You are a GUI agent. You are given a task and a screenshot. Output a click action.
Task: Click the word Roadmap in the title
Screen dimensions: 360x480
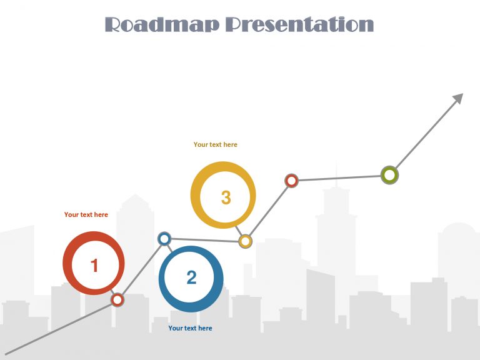coord(162,25)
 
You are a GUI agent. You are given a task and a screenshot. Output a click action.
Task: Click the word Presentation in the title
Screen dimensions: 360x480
coord(299,25)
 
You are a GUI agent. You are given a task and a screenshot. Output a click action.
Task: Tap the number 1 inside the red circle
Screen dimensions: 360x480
coord(94,266)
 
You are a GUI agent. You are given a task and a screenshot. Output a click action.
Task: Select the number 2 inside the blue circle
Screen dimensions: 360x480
coord(191,277)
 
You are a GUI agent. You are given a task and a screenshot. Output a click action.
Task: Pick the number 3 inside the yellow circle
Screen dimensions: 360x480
coord(226,197)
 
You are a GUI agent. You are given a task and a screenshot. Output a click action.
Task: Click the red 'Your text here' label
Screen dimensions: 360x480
coord(86,215)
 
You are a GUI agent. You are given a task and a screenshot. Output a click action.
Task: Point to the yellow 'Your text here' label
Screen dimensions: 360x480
coord(216,145)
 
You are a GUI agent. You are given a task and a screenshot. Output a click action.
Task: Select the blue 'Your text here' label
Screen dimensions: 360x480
coord(190,329)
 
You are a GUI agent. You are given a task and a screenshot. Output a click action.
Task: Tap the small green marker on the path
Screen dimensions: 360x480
coord(389,175)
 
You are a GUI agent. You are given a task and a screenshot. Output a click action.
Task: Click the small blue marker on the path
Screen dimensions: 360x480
coord(164,238)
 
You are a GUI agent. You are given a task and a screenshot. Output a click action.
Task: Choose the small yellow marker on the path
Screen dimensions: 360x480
coord(246,241)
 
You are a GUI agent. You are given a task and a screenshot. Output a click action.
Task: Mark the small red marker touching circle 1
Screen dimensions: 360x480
coord(117,300)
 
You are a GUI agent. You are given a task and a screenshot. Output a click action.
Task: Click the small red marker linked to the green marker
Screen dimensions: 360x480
coord(291,181)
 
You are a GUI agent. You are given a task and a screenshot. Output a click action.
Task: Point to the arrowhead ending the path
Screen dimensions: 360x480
coord(457,99)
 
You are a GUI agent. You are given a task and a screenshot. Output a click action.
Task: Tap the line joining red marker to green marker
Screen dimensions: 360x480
coord(341,178)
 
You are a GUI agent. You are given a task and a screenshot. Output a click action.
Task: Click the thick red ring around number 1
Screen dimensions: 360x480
coord(67,263)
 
